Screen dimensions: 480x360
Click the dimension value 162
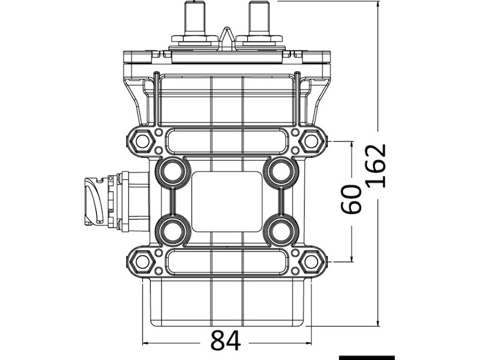click(376, 166)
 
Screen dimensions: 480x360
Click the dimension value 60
click(351, 199)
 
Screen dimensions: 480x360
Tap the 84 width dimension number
click(226, 340)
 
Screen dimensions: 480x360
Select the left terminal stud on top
click(195, 19)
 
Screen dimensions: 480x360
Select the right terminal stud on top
click(259, 19)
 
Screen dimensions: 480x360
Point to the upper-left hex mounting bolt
click(142, 142)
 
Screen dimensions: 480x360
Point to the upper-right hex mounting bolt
click(311, 142)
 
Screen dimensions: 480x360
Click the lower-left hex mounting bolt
click(142, 262)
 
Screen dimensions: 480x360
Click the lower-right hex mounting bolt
click(311, 262)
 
